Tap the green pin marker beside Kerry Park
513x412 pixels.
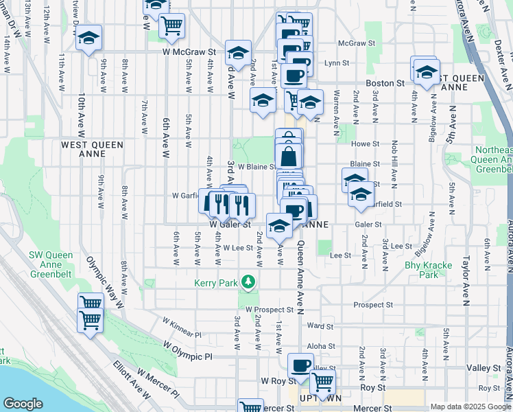tap(251, 282)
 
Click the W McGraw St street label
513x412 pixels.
tap(189, 51)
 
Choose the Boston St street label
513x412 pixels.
tap(385, 83)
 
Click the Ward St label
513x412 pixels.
tap(320, 326)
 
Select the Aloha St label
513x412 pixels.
tap(321, 347)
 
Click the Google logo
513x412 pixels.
tap(23, 404)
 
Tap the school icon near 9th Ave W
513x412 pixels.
tap(88, 38)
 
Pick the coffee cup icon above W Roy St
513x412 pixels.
tap(300, 365)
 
